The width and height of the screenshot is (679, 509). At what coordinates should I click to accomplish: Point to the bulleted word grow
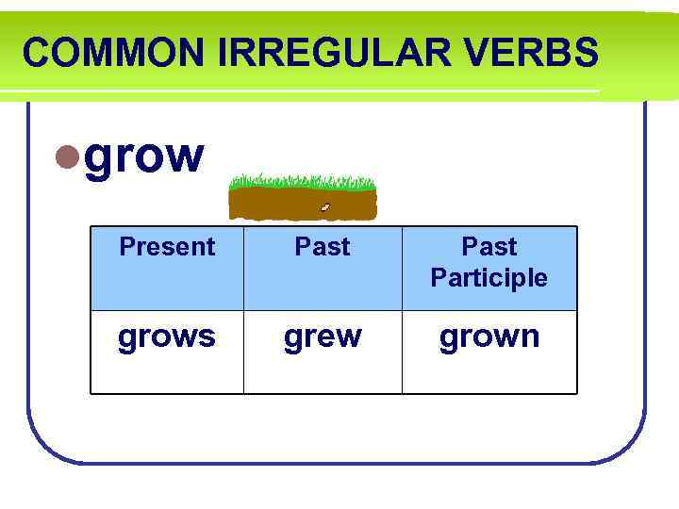(x=144, y=156)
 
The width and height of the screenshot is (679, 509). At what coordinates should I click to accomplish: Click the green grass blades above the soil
(x=302, y=180)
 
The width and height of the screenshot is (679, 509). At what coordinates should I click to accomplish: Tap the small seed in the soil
(x=325, y=206)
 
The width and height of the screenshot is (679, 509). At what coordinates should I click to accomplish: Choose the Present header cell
(x=167, y=268)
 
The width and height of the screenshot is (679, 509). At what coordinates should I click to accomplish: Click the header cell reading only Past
(x=323, y=268)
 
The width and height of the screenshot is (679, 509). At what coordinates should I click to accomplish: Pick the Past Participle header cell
(x=489, y=268)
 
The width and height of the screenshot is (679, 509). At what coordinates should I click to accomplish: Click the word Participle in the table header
(x=489, y=278)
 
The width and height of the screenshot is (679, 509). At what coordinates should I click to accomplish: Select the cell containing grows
(x=167, y=352)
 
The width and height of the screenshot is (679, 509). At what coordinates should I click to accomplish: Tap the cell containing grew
(x=323, y=352)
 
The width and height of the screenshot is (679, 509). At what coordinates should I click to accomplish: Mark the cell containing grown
(x=489, y=352)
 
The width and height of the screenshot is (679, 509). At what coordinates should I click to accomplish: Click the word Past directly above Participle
(x=489, y=247)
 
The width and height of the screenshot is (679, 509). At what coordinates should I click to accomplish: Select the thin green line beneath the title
(x=302, y=92)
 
